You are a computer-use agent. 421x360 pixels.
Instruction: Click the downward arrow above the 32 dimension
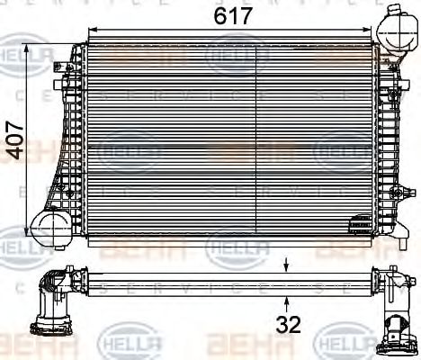(x=286, y=264)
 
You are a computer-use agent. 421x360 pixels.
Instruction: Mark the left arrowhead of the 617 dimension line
(x=90, y=30)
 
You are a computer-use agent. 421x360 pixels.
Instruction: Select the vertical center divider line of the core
(x=258, y=135)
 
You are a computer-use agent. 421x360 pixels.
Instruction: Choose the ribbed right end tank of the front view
(x=388, y=135)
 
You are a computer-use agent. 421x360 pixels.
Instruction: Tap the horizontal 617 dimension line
(x=162, y=30)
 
